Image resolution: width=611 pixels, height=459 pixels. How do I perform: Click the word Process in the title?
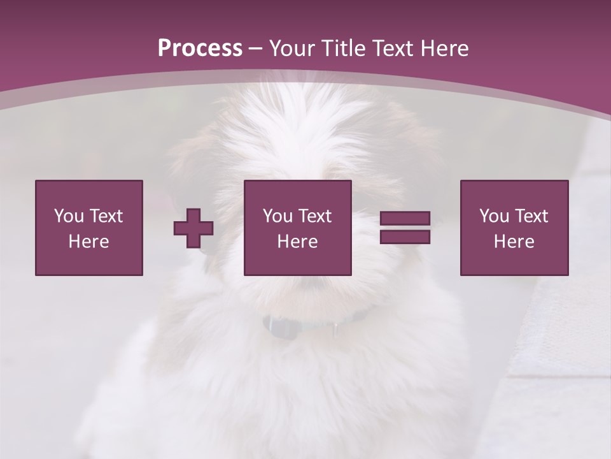tap(200, 48)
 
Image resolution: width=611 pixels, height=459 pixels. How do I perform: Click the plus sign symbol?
tap(193, 228)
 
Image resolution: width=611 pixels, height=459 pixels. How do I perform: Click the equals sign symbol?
tap(405, 228)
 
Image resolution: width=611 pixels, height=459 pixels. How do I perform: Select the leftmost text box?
tap(88, 228)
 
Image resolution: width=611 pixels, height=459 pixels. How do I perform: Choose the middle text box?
tap(297, 228)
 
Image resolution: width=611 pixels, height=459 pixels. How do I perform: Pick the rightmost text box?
tap(514, 228)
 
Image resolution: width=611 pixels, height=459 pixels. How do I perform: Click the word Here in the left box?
tap(88, 242)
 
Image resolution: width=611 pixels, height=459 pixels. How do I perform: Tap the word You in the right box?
tap(495, 216)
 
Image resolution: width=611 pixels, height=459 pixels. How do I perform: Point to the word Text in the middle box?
tap(314, 216)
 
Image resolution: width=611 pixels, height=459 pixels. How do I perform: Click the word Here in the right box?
tap(514, 242)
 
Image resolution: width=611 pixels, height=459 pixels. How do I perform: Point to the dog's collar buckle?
tap(281, 327)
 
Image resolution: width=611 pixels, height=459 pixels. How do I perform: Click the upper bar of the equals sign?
tap(405, 219)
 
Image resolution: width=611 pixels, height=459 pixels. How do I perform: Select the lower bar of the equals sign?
tap(405, 237)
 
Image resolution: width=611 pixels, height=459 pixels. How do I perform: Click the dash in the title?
tap(256, 48)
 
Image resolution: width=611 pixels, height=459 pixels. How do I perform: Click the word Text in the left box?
tap(106, 216)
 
